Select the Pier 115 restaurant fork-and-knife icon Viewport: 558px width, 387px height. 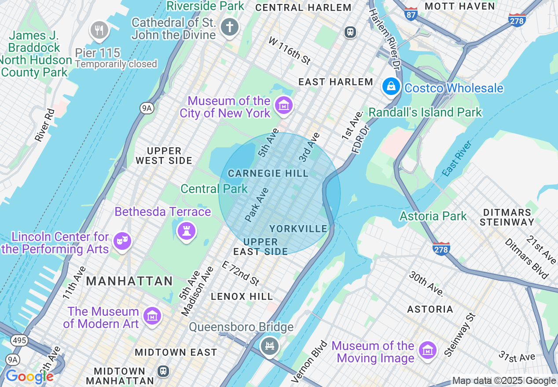pyautogui.click(x=99, y=30)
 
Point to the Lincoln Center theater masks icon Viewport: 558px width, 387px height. pyautogui.click(x=122, y=241)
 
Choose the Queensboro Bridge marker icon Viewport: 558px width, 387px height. pyautogui.click(x=269, y=346)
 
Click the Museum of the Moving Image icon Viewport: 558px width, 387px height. pyautogui.click(x=427, y=350)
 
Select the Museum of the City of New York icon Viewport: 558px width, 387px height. pyautogui.click(x=283, y=106)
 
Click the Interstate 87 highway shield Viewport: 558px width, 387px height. pyautogui.click(x=411, y=14)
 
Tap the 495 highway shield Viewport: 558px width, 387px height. pyautogui.click(x=19, y=340)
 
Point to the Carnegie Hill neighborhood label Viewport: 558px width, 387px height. pyautogui.click(x=268, y=173)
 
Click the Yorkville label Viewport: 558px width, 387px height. pyautogui.click(x=298, y=229)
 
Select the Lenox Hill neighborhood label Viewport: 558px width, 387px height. pyautogui.click(x=242, y=296)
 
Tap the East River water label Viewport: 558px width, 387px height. pyautogui.click(x=457, y=158)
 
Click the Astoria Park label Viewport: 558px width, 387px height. pyautogui.click(x=433, y=216)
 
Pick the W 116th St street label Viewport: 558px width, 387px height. pyautogui.click(x=290, y=51)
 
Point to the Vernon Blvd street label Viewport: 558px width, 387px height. pyautogui.click(x=310, y=361)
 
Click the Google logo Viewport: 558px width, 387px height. pyautogui.click(x=29, y=376)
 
